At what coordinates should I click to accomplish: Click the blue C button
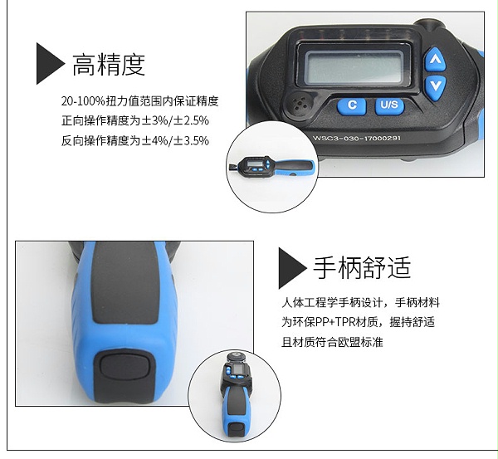pyautogui.click(x=352, y=105)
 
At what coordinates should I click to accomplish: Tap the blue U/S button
pyautogui.click(x=389, y=105)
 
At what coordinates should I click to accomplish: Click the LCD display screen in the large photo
pyautogui.click(x=354, y=67)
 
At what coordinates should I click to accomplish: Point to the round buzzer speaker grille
pyautogui.click(x=299, y=103)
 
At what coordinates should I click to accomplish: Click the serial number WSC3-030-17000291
pyautogui.click(x=357, y=138)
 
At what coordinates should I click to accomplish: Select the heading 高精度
pyautogui.click(x=109, y=64)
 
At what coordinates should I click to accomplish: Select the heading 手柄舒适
pyautogui.click(x=362, y=267)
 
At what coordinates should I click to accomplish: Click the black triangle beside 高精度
pyautogui.click(x=50, y=64)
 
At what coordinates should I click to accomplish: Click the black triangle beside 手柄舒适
pyautogui.click(x=292, y=268)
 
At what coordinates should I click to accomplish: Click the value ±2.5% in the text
pyautogui.click(x=191, y=120)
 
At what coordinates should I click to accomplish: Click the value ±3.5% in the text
pyautogui.click(x=191, y=140)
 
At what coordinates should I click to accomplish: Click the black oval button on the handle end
pyautogui.click(x=124, y=368)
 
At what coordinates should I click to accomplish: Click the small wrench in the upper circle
pyautogui.click(x=271, y=167)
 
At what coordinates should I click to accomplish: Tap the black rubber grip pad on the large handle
pyautogui.click(x=124, y=283)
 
